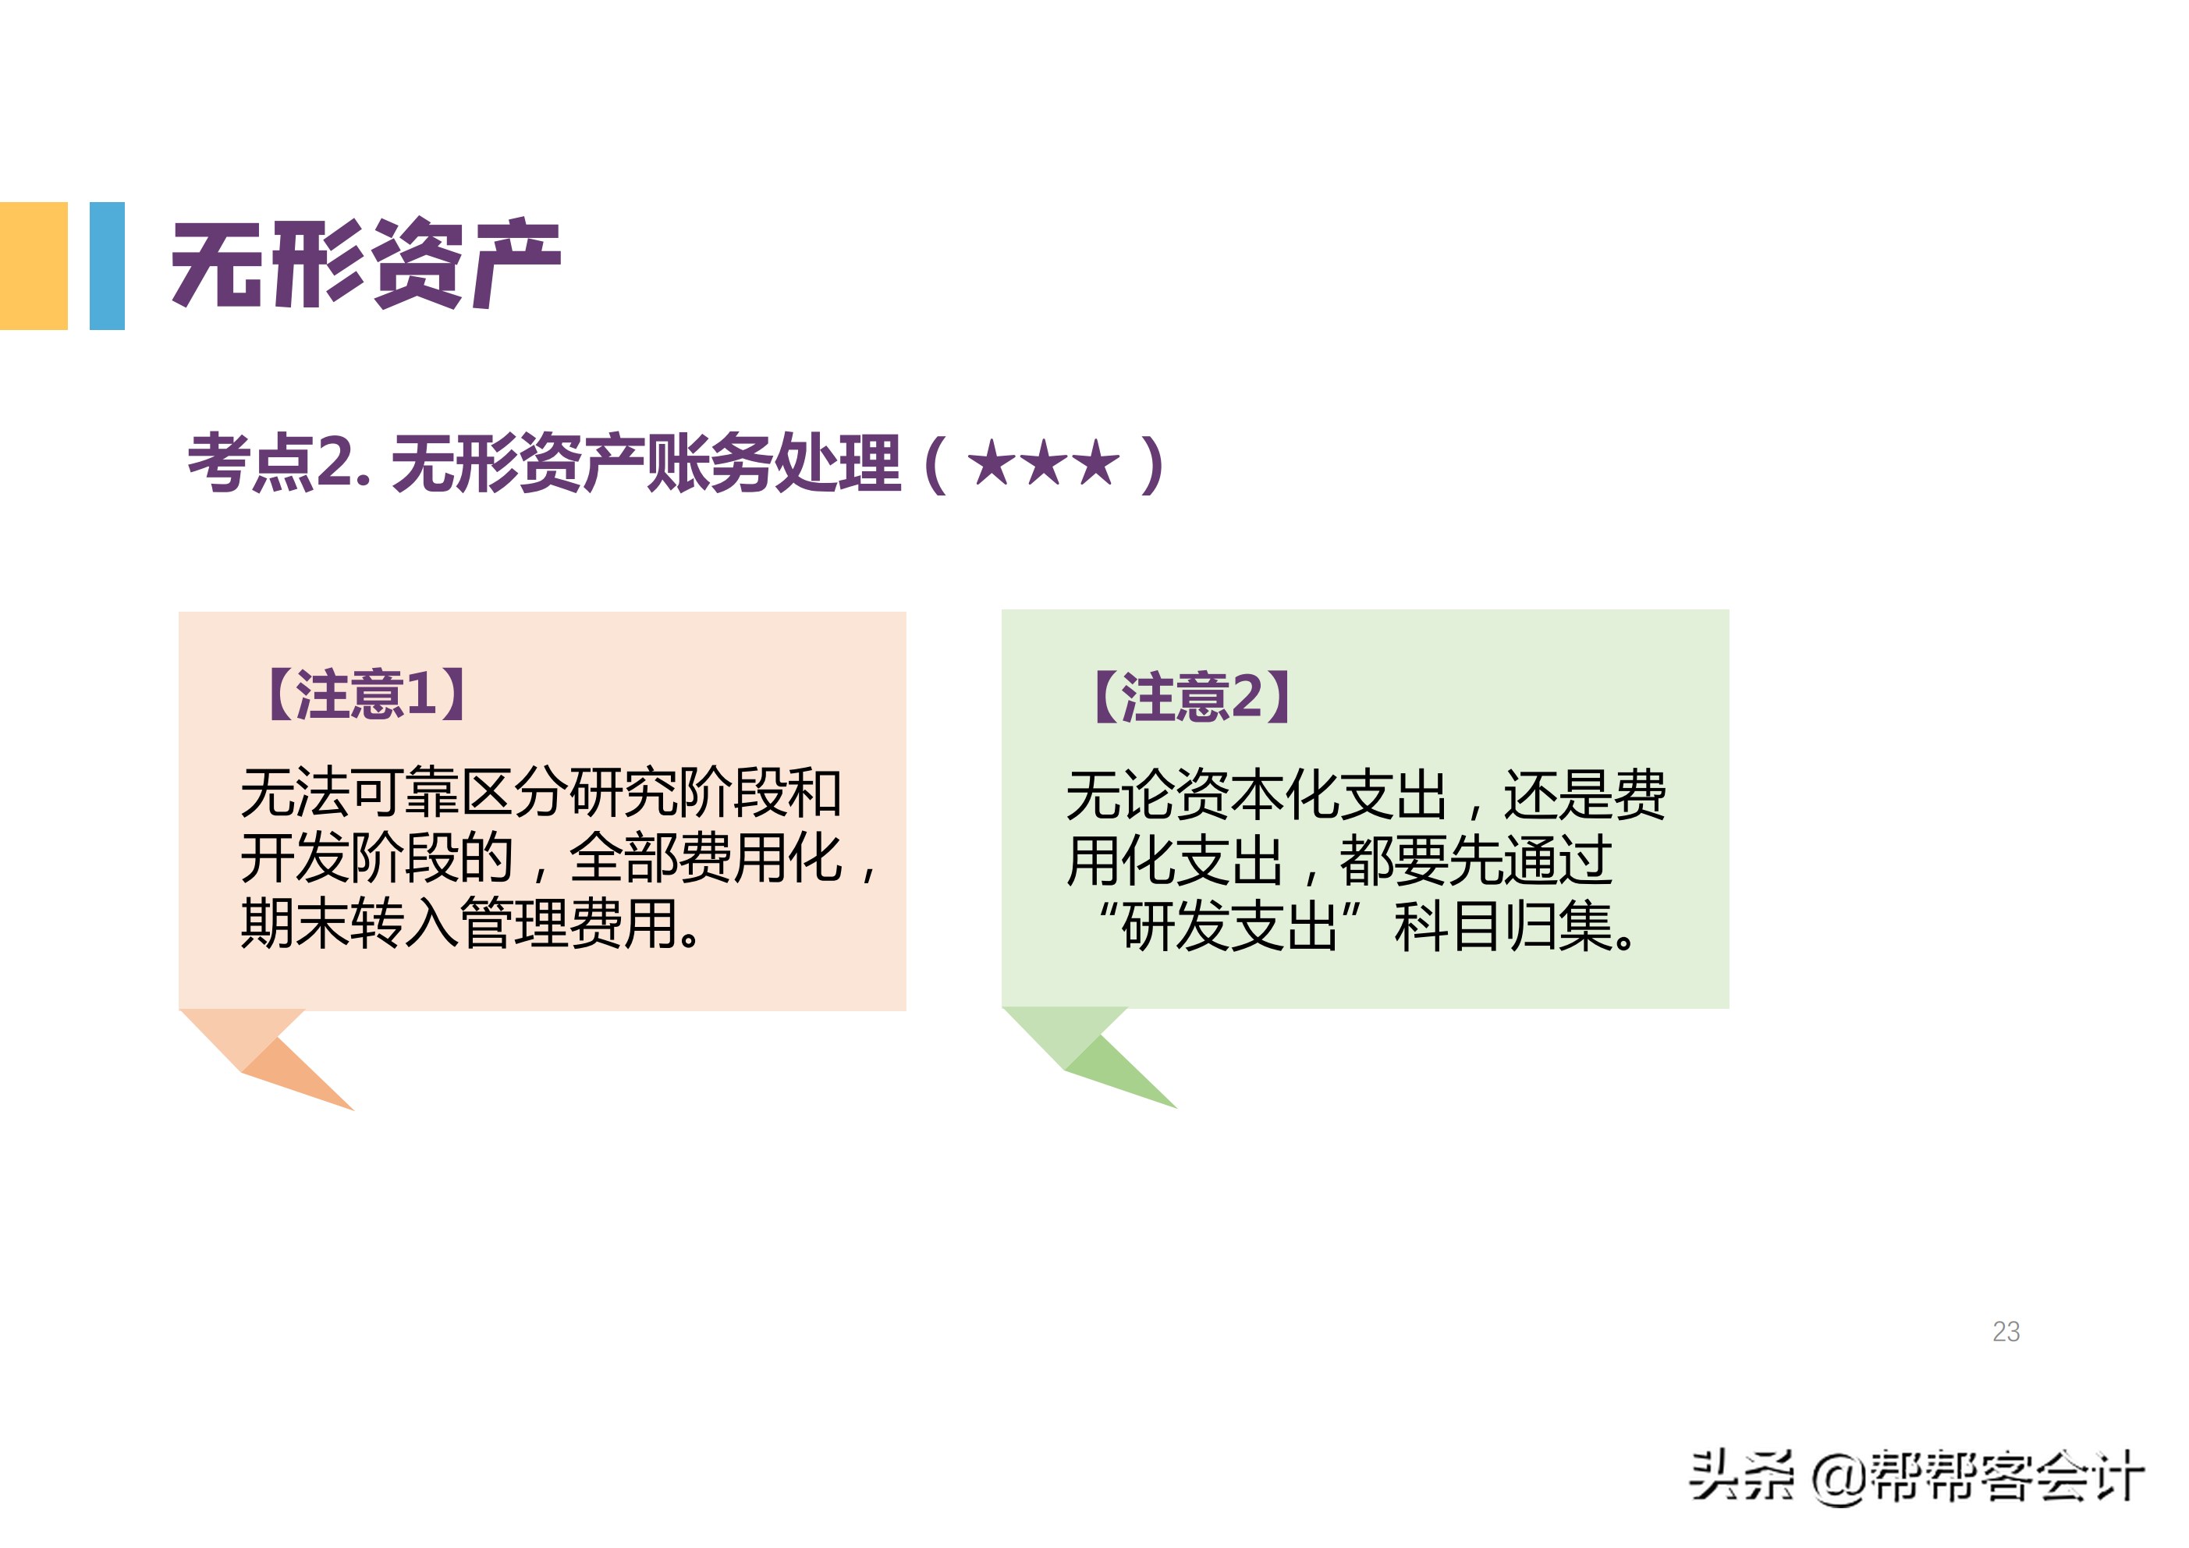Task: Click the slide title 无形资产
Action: (x=366, y=265)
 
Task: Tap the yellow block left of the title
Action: (x=34, y=265)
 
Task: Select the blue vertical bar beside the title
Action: (x=107, y=265)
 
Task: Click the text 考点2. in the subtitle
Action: (x=279, y=463)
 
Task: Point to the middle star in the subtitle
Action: (x=1044, y=463)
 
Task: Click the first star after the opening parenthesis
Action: (x=992, y=463)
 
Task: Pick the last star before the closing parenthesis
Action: (x=1096, y=463)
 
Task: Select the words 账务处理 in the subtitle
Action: (x=773, y=463)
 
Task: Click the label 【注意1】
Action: (x=366, y=694)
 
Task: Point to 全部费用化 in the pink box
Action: (x=705, y=858)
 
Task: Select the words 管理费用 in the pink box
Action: (x=569, y=923)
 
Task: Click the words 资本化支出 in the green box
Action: (x=1311, y=794)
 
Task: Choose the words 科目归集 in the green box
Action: (x=1503, y=926)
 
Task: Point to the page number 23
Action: (x=2006, y=1332)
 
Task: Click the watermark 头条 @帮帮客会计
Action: (x=1916, y=1476)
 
